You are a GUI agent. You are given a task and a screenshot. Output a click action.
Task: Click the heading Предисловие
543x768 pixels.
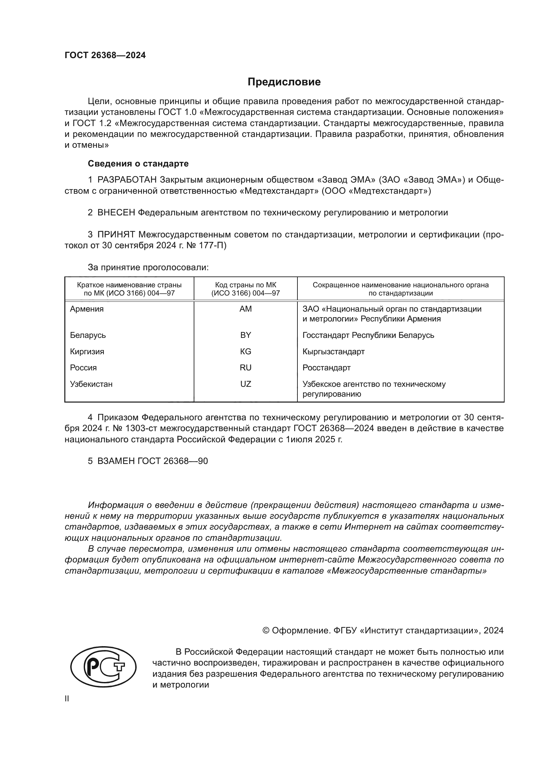(x=284, y=82)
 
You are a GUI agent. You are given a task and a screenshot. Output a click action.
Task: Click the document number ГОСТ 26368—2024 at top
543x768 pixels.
(x=105, y=55)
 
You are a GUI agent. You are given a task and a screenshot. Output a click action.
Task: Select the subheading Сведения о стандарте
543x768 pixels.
(x=138, y=164)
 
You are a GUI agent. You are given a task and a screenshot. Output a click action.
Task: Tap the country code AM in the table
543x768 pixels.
(x=246, y=309)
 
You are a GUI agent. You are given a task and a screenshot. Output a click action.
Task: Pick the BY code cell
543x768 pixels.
(x=246, y=335)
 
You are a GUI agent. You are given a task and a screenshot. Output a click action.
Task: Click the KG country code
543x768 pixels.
(x=246, y=352)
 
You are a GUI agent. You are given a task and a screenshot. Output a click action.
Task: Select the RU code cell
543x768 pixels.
(x=246, y=368)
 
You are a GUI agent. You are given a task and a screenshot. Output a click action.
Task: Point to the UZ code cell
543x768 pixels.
(x=246, y=384)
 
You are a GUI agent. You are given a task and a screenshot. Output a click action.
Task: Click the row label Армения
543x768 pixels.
(x=87, y=309)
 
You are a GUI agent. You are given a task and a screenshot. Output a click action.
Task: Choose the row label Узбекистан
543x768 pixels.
(x=91, y=384)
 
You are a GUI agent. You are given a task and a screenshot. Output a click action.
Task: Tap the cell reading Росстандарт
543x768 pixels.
(x=326, y=368)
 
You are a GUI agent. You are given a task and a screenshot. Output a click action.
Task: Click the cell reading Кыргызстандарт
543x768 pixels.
(x=333, y=352)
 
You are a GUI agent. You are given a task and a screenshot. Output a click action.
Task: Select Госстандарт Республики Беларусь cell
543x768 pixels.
(x=368, y=335)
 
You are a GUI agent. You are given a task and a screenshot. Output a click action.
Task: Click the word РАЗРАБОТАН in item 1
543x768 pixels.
(x=127, y=180)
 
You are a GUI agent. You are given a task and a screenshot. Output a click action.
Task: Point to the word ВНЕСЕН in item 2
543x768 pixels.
(x=116, y=212)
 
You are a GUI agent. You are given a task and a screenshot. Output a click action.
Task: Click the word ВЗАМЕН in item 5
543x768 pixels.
(x=116, y=461)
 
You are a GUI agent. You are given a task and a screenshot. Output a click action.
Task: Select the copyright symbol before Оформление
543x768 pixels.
(x=266, y=630)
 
